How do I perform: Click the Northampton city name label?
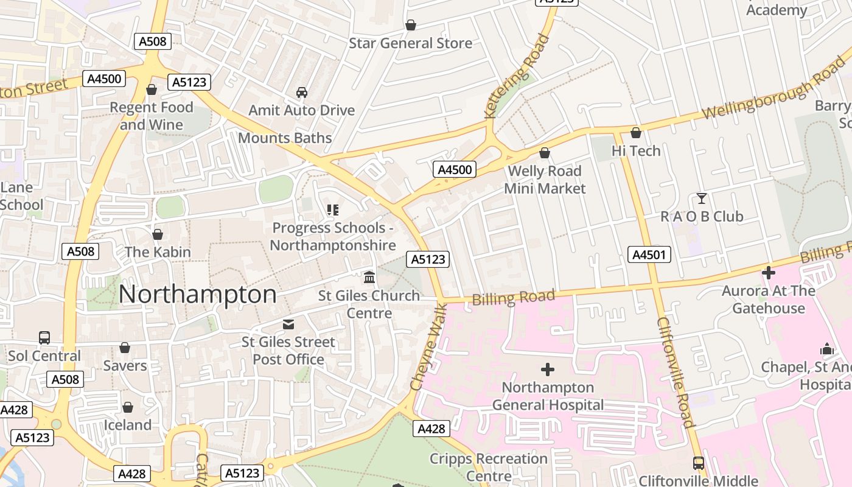pyautogui.click(x=197, y=295)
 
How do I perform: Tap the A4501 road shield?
pyautogui.click(x=649, y=254)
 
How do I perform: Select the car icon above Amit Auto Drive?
pyautogui.click(x=301, y=93)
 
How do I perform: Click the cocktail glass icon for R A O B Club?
pyautogui.click(x=702, y=198)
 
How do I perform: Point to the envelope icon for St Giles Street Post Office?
pyautogui.click(x=288, y=324)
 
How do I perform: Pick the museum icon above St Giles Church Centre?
pyautogui.click(x=369, y=278)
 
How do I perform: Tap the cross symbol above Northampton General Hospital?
pyautogui.click(x=548, y=370)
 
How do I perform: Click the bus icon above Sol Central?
pyautogui.click(x=44, y=338)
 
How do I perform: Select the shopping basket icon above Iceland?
pyautogui.click(x=128, y=407)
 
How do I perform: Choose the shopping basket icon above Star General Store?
pyautogui.click(x=411, y=25)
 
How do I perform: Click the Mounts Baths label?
pyautogui.click(x=285, y=138)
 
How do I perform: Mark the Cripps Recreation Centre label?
pyautogui.click(x=489, y=467)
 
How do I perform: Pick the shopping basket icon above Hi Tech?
pyautogui.click(x=636, y=133)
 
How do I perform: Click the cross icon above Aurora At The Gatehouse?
pyautogui.click(x=769, y=273)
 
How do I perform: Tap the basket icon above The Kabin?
pyautogui.click(x=158, y=234)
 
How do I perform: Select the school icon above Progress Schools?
pyautogui.click(x=332, y=210)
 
